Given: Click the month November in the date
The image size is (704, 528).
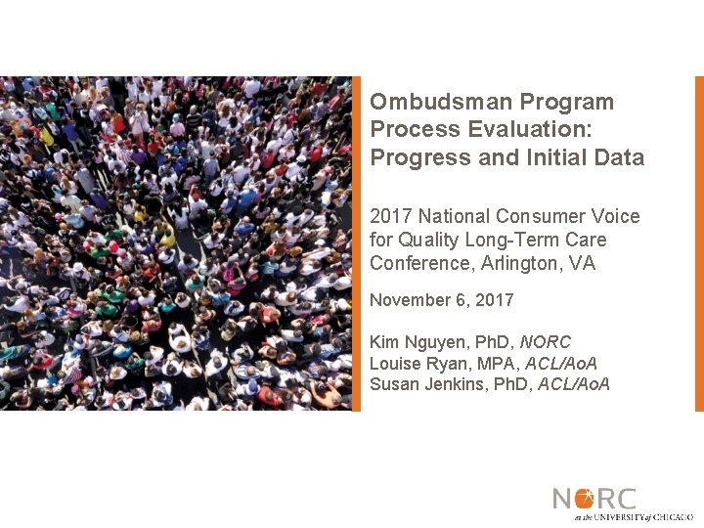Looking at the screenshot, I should (411, 300).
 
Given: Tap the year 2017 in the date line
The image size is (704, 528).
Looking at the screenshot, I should (494, 300).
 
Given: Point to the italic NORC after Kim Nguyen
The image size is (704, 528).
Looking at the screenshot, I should (545, 343).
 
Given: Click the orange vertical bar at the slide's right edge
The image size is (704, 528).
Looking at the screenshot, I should (699, 243).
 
